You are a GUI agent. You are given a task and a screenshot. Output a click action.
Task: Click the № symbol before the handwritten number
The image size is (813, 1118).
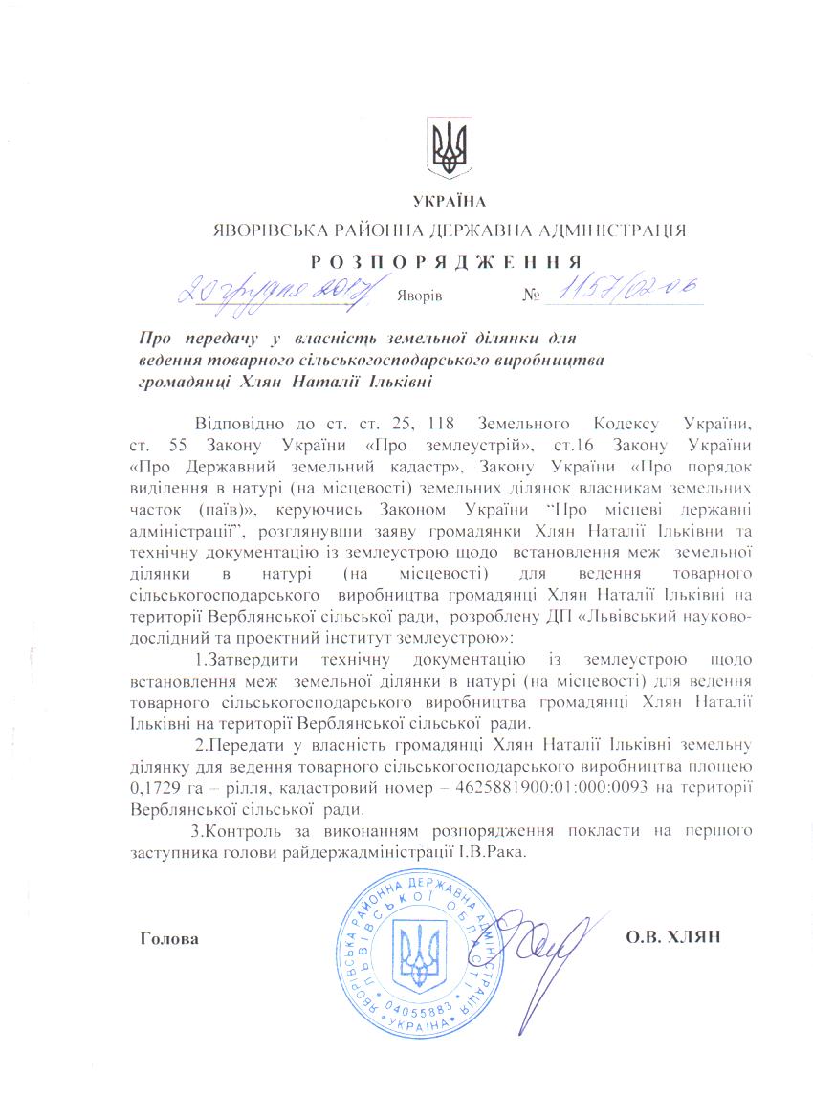tap(532, 294)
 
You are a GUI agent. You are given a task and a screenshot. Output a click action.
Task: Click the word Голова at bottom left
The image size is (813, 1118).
tap(169, 938)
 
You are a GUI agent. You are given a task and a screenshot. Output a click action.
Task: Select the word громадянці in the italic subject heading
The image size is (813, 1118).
tap(182, 383)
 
